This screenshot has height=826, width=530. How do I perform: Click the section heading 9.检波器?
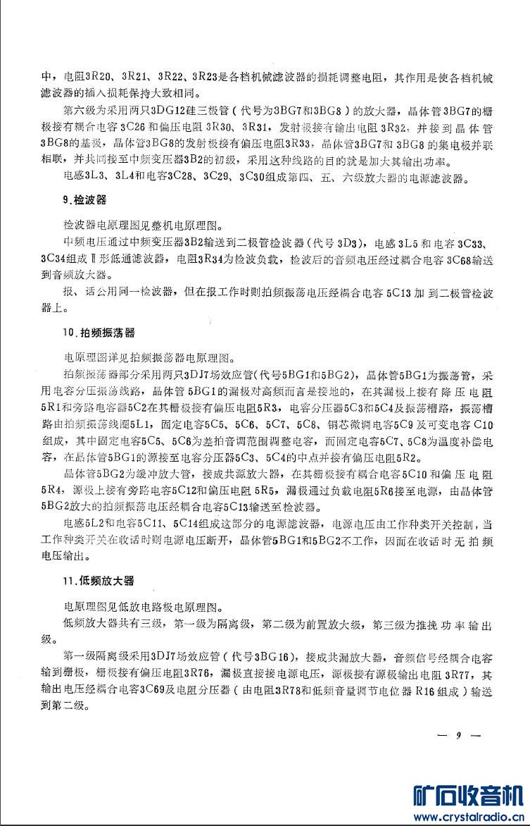click(84, 199)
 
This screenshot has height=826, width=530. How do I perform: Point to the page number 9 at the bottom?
click(458, 736)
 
